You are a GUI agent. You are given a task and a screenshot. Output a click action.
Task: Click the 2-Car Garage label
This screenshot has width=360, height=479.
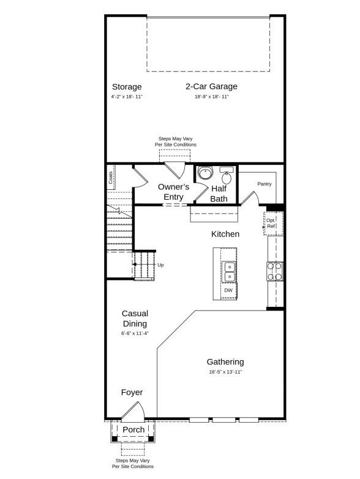click(x=211, y=86)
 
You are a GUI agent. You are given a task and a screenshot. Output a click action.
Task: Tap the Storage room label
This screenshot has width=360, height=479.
click(x=126, y=87)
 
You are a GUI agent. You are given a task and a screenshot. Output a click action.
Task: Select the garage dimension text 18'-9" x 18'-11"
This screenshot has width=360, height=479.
click(x=211, y=97)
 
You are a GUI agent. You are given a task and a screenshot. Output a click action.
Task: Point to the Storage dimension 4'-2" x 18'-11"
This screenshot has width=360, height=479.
click(x=126, y=97)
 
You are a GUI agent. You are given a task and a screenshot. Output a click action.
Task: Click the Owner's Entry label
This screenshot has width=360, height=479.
click(x=173, y=192)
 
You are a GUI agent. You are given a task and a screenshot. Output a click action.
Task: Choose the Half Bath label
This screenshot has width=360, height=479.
click(x=219, y=194)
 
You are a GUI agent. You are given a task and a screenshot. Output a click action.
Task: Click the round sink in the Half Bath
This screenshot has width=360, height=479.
click(x=205, y=173)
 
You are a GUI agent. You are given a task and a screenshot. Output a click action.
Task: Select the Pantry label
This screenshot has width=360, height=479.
click(x=264, y=184)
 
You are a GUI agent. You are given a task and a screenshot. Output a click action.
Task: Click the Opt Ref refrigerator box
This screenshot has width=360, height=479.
click(x=271, y=223)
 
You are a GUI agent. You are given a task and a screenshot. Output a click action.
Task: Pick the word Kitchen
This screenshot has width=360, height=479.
click(x=225, y=234)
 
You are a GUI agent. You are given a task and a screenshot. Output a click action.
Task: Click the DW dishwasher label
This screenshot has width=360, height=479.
click(x=228, y=290)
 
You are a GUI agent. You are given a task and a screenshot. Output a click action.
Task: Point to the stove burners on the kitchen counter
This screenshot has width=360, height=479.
click(x=274, y=271)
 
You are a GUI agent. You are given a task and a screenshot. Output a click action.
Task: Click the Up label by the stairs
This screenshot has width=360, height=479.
click(x=160, y=265)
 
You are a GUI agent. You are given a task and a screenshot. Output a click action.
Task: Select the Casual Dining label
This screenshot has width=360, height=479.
click(x=135, y=319)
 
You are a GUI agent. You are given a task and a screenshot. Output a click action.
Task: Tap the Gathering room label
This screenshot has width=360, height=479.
click(x=225, y=362)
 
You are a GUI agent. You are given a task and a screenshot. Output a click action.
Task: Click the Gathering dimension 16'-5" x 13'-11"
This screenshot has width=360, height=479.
click(x=225, y=372)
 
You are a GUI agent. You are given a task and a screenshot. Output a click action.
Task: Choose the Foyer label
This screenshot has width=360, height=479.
click(x=132, y=393)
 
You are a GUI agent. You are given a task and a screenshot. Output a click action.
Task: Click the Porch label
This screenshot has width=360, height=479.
click(x=133, y=429)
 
